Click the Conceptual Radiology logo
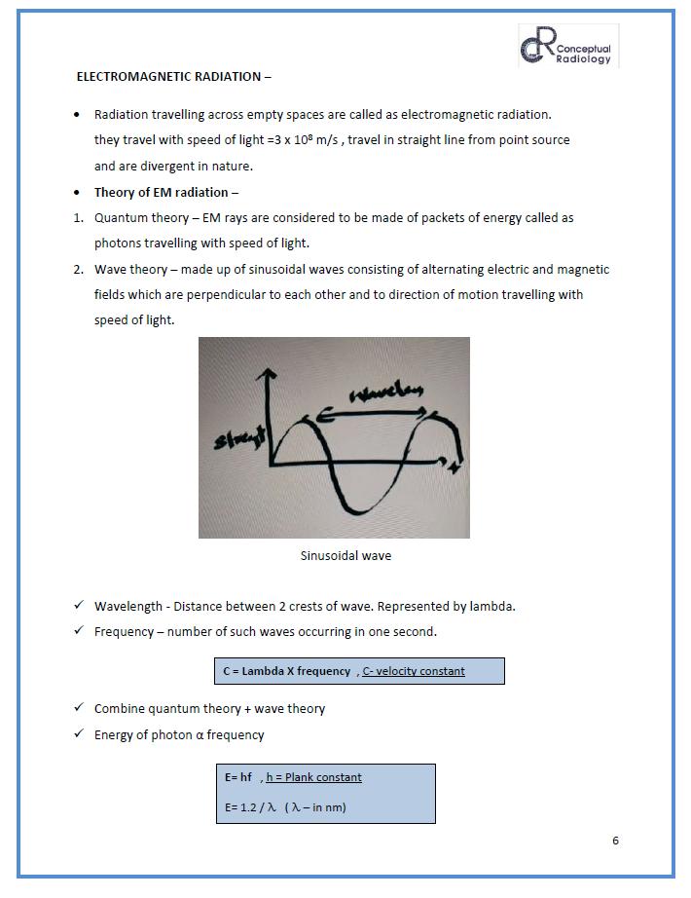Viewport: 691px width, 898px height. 567,47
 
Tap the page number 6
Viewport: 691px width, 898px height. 615,841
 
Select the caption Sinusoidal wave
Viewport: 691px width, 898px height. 345,556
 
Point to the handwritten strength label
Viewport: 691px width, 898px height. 239,440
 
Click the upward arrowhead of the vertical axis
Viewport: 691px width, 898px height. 272,375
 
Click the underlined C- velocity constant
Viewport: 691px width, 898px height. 414,671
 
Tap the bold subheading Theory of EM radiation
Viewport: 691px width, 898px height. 165,192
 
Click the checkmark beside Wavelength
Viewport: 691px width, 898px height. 79,606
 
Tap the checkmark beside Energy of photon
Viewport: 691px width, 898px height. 79,734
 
